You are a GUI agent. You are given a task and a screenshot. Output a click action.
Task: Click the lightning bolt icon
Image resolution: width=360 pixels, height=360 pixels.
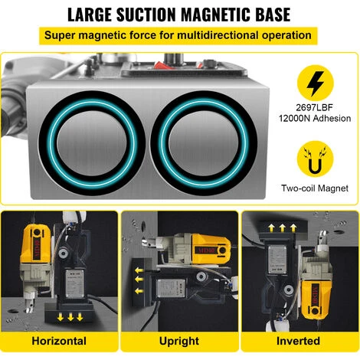[x=316, y=83]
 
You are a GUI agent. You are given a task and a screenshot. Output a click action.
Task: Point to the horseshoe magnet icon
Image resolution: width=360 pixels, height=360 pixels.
[x=316, y=159]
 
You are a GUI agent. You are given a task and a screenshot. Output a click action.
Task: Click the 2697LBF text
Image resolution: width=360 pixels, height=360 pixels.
[x=315, y=107]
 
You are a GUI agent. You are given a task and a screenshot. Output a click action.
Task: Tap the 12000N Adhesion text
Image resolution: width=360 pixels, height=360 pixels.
[x=315, y=119]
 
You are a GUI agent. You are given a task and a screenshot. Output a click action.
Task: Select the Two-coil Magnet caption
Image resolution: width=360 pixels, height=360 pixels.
[x=315, y=188]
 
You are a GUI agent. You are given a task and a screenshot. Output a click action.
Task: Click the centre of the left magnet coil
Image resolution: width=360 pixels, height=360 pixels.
[x=92, y=143]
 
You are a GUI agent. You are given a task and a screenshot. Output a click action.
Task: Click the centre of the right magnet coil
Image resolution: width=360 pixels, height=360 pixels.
[x=204, y=143]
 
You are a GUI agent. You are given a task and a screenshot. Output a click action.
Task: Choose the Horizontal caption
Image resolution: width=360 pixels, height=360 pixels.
[x=59, y=341]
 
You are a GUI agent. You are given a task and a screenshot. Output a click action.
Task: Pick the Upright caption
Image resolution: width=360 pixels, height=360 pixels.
[x=179, y=341]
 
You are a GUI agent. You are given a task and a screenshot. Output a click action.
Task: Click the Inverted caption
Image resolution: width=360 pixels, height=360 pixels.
[x=298, y=341]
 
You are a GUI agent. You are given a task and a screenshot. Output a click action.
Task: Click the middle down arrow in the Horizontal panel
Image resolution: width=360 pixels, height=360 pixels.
[x=70, y=317]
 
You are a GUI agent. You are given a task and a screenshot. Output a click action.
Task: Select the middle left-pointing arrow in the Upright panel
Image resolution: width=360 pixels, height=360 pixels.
[x=139, y=280]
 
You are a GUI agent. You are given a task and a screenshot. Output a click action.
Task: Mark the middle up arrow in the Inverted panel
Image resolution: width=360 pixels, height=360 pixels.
[x=283, y=228]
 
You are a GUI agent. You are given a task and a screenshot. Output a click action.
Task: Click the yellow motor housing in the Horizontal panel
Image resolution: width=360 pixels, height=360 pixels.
[x=35, y=244]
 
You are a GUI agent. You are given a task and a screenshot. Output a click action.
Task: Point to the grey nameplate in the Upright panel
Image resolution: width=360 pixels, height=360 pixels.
[x=171, y=288]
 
